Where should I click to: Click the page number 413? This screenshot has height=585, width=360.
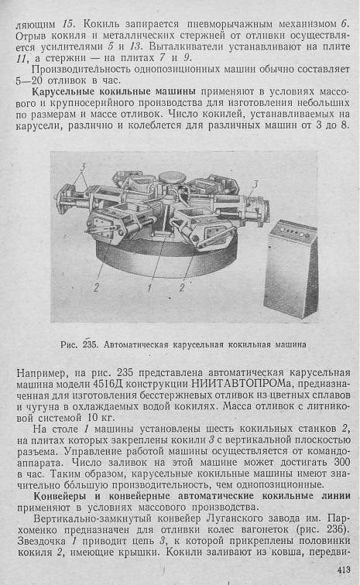(x=344, y=570)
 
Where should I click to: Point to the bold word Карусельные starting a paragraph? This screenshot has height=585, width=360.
(x=63, y=91)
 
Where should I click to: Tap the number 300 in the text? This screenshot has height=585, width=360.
(x=341, y=462)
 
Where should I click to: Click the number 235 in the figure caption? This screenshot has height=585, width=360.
(x=90, y=344)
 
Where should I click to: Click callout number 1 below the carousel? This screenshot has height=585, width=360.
(x=149, y=288)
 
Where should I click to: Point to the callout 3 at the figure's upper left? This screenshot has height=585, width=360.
(x=83, y=167)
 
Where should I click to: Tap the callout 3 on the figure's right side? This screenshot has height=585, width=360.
(x=255, y=184)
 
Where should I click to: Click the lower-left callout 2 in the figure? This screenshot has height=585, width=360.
(x=96, y=288)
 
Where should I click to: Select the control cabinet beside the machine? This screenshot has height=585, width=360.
(x=290, y=269)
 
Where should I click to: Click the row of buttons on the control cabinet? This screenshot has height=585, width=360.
(x=295, y=233)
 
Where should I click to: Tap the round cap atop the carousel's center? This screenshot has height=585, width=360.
(x=170, y=176)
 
